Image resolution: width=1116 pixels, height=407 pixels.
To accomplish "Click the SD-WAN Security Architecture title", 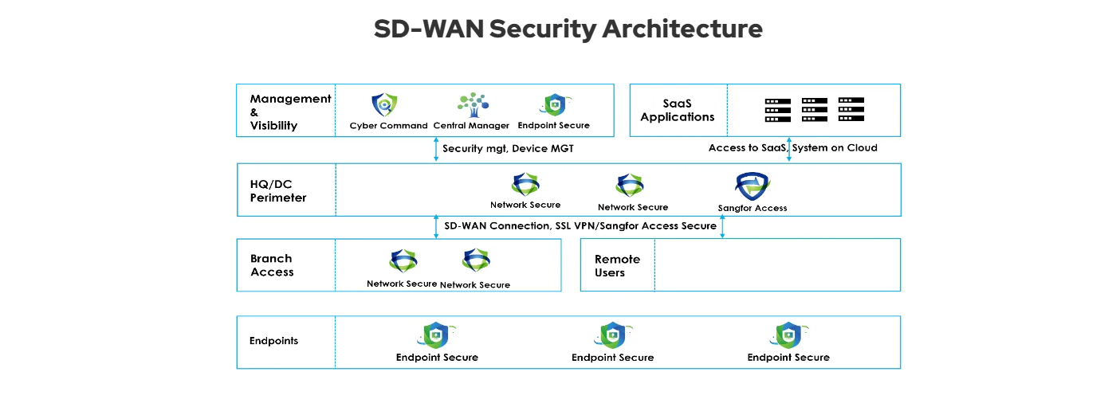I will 568,29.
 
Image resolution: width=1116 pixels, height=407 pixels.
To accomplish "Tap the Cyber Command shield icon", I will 384,104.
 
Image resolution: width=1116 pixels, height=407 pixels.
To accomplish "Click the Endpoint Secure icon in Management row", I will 553,105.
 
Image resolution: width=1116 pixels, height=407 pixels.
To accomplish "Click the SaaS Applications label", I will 678,110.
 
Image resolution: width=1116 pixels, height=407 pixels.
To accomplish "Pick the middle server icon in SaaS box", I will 815,110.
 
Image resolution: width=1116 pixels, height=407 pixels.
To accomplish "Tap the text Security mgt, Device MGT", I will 508,149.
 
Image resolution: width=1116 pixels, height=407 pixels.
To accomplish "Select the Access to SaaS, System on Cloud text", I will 792,148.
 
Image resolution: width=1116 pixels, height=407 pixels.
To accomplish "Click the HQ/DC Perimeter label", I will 278,190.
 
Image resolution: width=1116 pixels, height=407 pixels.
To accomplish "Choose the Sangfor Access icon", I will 753,187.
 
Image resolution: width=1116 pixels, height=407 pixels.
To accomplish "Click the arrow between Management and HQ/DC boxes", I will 436,150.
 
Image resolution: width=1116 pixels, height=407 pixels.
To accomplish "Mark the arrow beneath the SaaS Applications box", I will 789,150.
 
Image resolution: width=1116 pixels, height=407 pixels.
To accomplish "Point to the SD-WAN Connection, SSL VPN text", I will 580,226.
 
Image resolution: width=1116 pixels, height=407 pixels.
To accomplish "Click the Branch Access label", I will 272,265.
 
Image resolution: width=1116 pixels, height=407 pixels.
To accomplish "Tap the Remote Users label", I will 617,266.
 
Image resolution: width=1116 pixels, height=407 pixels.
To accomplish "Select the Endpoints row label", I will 273,341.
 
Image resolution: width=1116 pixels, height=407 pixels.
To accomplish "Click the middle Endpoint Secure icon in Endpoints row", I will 612,335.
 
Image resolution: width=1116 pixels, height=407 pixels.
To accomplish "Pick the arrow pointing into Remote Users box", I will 722,227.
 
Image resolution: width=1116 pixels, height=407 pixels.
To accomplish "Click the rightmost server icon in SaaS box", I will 851,110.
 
